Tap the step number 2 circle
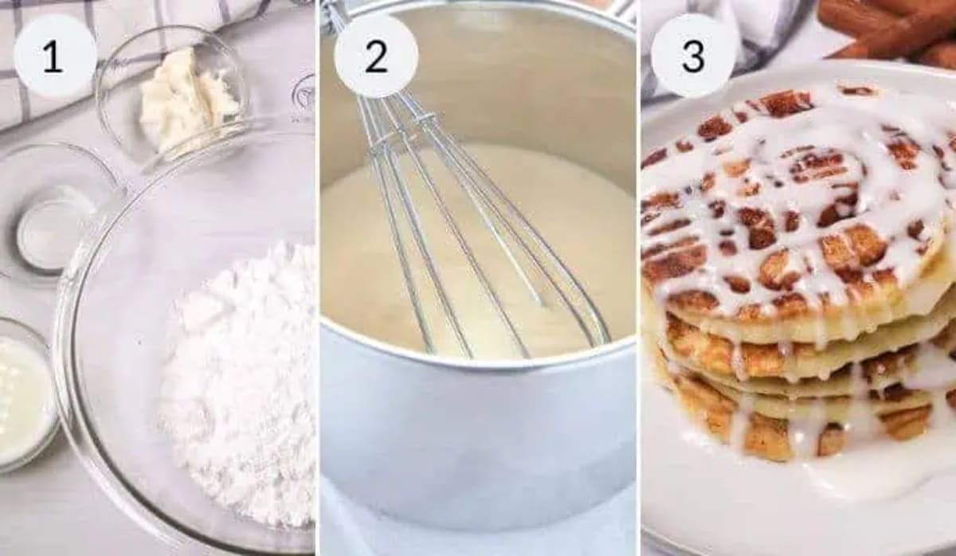point(375,56)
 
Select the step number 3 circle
point(692,56)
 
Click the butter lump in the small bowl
point(187,100)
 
